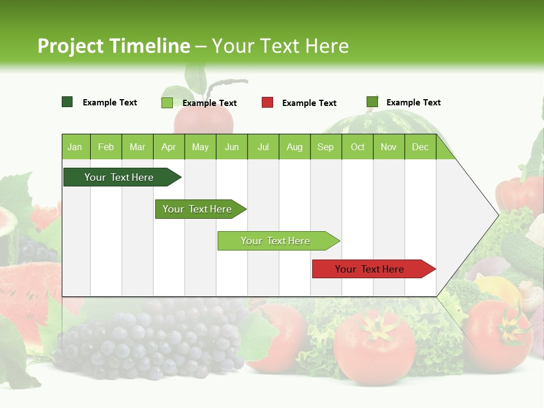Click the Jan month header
pyautogui.click(x=75, y=147)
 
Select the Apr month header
pyautogui.click(x=168, y=147)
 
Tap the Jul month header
pyautogui.click(x=263, y=147)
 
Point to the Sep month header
pyautogui.click(x=325, y=147)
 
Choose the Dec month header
pyautogui.click(x=420, y=147)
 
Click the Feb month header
pyautogui.click(x=106, y=147)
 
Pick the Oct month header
pyautogui.click(x=358, y=147)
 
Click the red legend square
pyautogui.click(x=267, y=103)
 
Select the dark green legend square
pyautogui.click(x=67, y=102)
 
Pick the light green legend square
pyautogui.click(x=167, y=103)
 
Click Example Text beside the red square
pyautogui.click(x=309, y=103)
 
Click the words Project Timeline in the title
pyautogui.click(x=113, y=46)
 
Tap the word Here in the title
pyautogui.click(x=326, y=46)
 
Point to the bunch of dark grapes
pyautogui.click(x=153, y=340)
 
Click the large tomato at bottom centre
pyautogui.click(x=374, y=346)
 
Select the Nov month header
pyautogui.click(x=389, y=147)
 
